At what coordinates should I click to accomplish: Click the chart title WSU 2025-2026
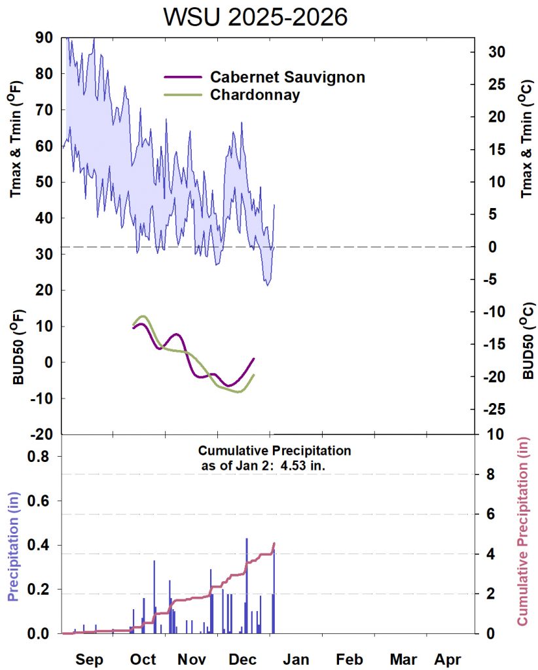(x=255, y=18)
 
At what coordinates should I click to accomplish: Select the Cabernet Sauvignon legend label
(x=287, y=77)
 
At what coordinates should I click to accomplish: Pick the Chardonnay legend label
(x=255, y=95)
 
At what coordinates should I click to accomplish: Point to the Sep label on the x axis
(x=89, y=659)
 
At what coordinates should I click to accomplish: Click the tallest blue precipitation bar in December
(x=247, y=582)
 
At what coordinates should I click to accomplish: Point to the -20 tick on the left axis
(x=43, y=434)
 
